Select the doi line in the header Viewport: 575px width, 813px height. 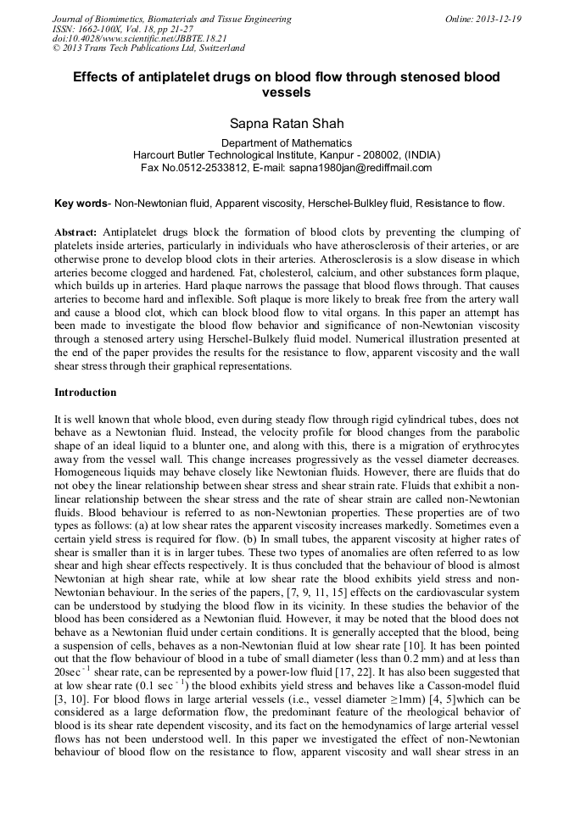click(127, 39)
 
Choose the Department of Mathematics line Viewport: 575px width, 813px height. click(287, 143)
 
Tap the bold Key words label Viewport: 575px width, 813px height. click(81, 203)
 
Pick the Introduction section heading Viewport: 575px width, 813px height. click(85, 393)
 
